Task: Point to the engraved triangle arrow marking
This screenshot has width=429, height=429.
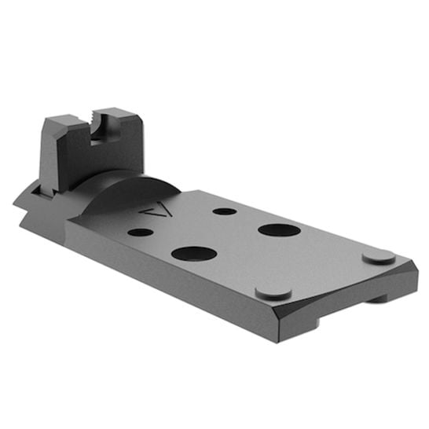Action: [153, 208]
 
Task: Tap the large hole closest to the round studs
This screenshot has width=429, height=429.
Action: [277, 231]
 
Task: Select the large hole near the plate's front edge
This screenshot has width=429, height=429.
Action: [193, 254]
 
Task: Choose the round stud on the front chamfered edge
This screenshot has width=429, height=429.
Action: [273, 292]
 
